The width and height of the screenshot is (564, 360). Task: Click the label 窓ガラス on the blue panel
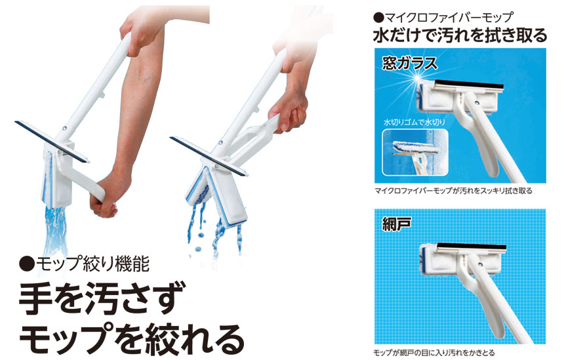410,64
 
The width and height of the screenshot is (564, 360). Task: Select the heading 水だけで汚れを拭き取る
460,35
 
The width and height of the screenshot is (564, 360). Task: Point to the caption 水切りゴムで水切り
414,122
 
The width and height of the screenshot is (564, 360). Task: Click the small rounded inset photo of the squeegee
415,152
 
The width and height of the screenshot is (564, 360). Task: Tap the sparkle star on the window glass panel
418,77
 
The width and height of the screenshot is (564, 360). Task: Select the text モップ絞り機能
92,265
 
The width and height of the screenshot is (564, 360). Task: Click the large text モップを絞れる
132,339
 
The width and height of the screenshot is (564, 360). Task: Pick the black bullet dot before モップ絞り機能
27,265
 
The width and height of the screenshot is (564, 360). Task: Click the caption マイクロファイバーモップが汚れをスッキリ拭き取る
453,191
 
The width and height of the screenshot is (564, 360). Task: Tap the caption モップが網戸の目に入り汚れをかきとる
433,353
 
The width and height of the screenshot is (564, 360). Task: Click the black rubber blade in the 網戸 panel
472,247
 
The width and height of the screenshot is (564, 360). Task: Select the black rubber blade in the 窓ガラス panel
469,86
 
